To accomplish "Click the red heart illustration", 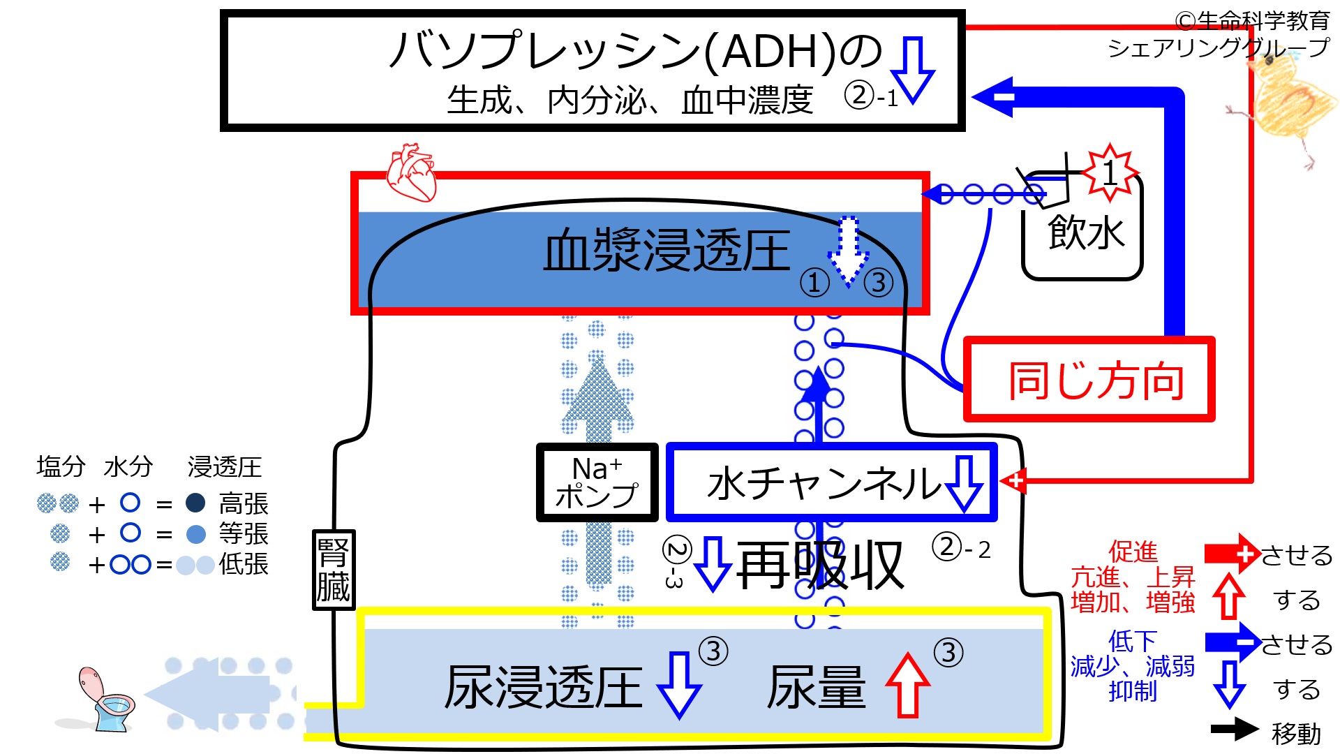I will pyautogui.click(x=412, y=172).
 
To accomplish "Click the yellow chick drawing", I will pyautogui.click(x=1284, y=105).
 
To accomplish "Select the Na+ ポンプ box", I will pyautogui.click(x=597, y=482).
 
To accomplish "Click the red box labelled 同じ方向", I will pyautogui.click(x=1089, y=380).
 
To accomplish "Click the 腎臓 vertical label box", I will pyautogui.click(x=333, y=570).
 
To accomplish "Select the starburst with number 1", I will pyautogui.click(x=1110, y=171).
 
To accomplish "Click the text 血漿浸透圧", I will pyautogui.click(x=667, y=251).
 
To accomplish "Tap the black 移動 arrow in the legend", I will pyautogui.click(x=1234, y=729).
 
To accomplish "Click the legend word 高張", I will pyautogui.click(x=243, y=503).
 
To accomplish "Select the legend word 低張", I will pyautogui.click(x=243, y=563).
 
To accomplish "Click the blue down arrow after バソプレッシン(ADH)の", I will pyautogui.click(x=913, y=70).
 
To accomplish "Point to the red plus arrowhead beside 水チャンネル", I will pyautogui.click(x=1014, y=481).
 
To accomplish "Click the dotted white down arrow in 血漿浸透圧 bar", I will pyautogui.click(x=848, y=251).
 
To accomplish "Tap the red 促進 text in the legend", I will pyautogui.click(x=1133, y=552).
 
